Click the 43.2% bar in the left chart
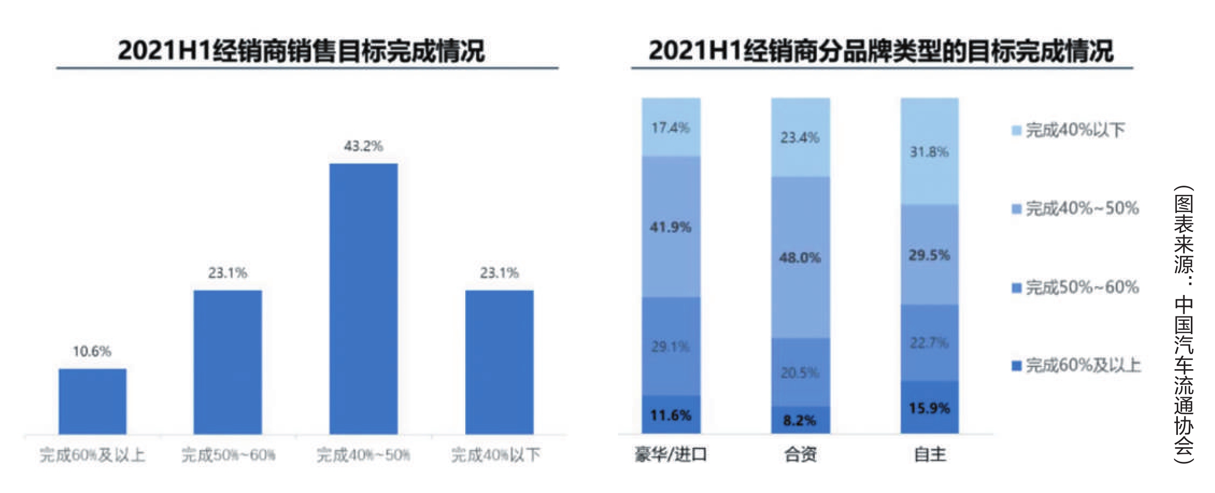(x=364, y=299)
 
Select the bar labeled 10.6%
(x=93, y=401)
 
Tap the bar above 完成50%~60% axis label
(x=228, y=362)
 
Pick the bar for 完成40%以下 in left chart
(x=499, y=362)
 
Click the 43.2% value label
(x=364, y=146)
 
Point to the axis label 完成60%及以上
(x=93, y=455)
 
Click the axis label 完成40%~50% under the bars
(x=364, y=455)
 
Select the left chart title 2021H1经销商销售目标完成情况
(x=301, y=51)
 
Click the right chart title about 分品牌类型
(x=880, y=51)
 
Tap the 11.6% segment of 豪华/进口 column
(x=671, y=415)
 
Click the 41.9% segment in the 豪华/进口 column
(x=671, y=227)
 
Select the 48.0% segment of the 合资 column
(x=800, y=257)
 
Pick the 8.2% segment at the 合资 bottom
(x=800, y=420)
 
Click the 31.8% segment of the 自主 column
(x=929, y=151)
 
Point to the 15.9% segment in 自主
(x=929, y=407)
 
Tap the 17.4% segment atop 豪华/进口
(x=671, y=128)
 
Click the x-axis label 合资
(x=800, y=455)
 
